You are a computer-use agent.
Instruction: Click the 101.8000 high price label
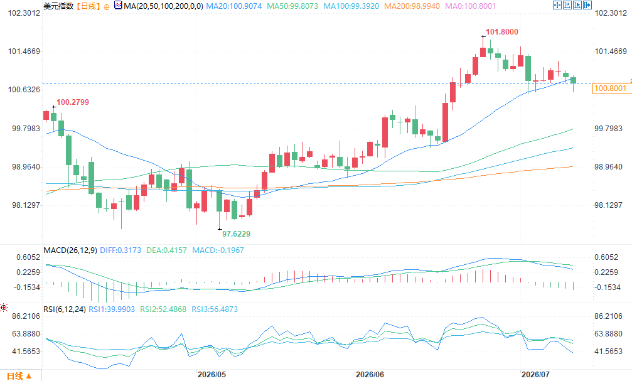(502, 32)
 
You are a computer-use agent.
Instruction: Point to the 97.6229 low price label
(236, 234)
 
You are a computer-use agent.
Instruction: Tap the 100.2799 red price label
(73, 102)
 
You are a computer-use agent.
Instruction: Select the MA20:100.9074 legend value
(233, 6)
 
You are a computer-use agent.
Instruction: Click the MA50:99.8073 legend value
(292, 6)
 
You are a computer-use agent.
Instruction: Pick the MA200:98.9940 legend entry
(412, 6)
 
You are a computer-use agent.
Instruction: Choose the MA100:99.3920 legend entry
(351, 6)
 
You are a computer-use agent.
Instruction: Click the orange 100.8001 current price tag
(611, 89)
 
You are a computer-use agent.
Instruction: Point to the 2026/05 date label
(212, 375)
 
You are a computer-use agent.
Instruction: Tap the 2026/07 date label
(535, 375)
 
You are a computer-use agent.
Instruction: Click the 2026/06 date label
(370, 375)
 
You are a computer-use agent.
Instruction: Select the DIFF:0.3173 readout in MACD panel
(121, 250)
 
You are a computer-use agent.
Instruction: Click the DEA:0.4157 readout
(166, 250)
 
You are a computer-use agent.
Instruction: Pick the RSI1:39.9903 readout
(112, 309)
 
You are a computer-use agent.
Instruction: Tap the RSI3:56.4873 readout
(215, 309)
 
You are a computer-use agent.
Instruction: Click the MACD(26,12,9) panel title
(70, 250)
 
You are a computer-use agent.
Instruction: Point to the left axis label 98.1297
(26, 205)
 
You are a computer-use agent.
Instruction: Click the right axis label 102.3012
(611, 13)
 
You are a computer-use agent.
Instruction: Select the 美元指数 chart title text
(58, 6)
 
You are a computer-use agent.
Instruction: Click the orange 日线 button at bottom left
(19, 376)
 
